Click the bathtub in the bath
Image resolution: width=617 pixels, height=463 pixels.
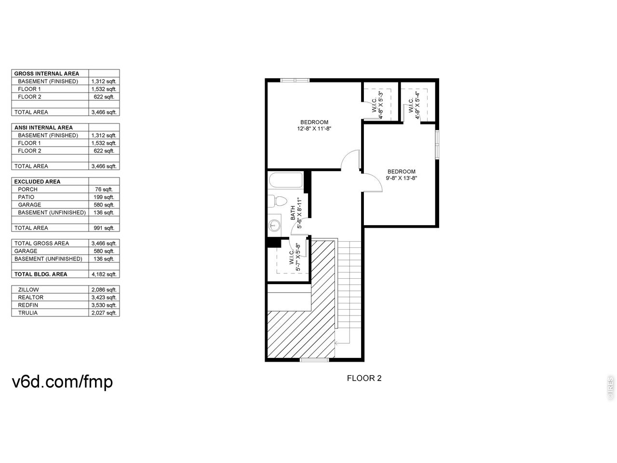[285, 180]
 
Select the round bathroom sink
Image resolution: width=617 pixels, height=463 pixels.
[274, 225]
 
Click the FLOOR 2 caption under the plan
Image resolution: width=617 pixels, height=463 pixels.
[364, 378]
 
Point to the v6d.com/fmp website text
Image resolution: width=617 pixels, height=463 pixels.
[62, 382]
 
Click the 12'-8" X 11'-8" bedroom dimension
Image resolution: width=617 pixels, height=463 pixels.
[314, 129]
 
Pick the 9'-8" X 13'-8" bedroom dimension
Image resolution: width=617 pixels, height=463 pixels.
[401, 178]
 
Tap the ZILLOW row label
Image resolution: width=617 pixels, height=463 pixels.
[28, 289]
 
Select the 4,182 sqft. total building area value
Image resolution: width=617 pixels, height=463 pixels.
[104, 274]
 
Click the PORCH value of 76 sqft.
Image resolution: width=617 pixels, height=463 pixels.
[104, 190]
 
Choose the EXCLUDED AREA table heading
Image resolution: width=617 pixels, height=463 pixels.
[38, 182]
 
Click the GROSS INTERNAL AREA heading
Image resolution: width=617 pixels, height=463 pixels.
[47, 74]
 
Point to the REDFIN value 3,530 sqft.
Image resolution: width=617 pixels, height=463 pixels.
[104, 305]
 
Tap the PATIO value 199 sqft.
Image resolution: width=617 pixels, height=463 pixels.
[104, 197]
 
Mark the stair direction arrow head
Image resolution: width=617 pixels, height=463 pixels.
[336, 343]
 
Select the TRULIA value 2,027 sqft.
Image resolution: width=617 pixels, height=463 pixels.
[104, 313]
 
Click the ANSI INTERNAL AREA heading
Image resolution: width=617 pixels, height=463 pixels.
[43, 128]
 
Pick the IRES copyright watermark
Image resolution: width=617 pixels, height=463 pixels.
[610, 388]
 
